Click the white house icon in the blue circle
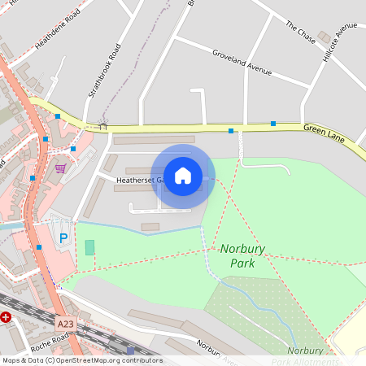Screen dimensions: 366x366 tap(183, 175)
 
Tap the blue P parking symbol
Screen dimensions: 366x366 tap(63, 238)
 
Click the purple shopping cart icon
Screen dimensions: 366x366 tap(60, 168)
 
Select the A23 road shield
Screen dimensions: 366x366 tap(66, 324)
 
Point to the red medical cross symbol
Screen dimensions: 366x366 tap(6, 317)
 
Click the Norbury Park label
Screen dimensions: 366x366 tap(237, 256)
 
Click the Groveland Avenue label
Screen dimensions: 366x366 tap(241, 62)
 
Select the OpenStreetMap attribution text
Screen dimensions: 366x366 tap(82, 360)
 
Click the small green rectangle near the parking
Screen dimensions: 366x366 tap(89, 246)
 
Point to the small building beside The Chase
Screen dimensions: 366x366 tap(325, 37)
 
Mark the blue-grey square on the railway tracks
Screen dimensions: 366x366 tap(130, 351)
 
